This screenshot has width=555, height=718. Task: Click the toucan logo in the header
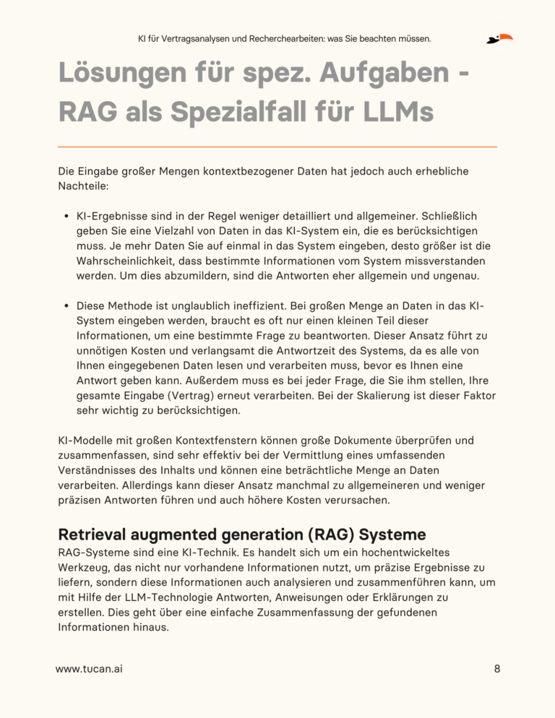tap(499, 38)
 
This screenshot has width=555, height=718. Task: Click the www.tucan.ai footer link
tap(89, 669)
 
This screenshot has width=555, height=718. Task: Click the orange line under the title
tap(277, 147)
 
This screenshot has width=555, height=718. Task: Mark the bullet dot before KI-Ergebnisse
tap(66, 217)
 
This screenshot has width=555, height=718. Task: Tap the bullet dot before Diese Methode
tap(66, 306)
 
